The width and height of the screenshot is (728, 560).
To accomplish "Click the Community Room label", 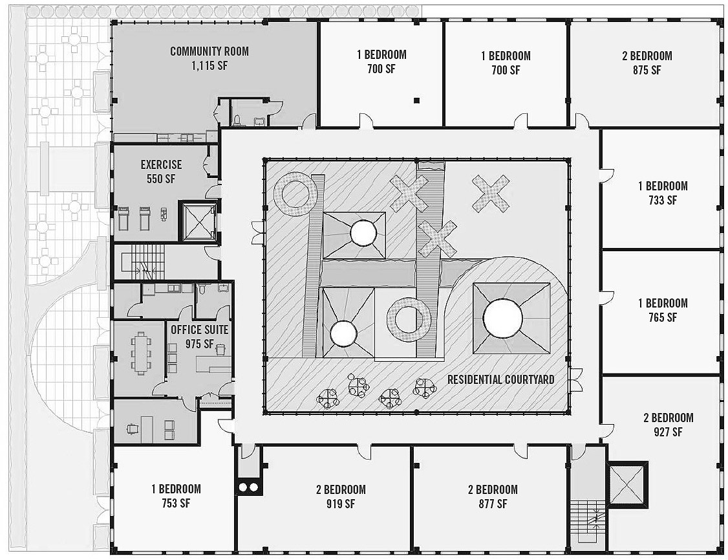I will (209, 51).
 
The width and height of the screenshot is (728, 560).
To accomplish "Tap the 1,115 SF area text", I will (209, 66).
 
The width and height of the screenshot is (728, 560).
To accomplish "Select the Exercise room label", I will (161, 165).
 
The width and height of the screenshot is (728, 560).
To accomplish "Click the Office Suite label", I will (199, 330).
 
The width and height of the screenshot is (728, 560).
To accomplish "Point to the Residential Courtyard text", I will (500, 379).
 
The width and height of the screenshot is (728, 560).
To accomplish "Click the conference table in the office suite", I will (141, 352).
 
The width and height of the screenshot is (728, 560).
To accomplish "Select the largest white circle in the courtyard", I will (502, 317).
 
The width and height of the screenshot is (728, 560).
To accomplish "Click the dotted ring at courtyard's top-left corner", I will (295, 194).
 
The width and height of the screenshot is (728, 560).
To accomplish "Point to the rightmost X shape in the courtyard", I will (491, 193).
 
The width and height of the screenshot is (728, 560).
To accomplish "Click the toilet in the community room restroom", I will (237, 120).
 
